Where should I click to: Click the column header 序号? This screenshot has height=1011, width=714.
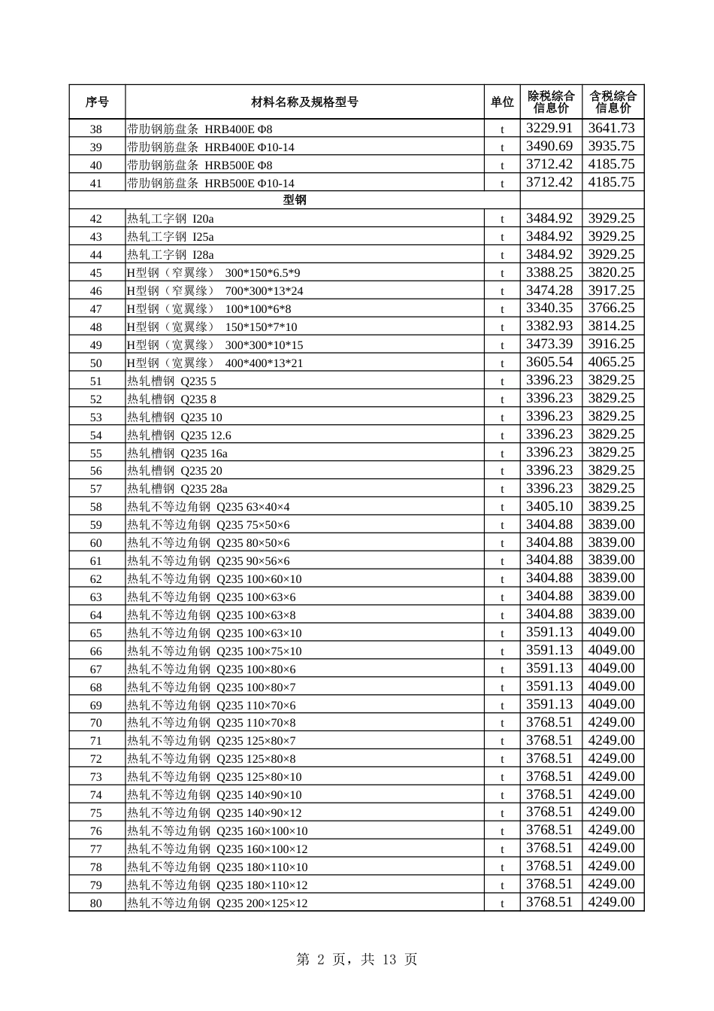[x=97, y=102]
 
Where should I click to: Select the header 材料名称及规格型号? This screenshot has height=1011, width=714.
[x=304, y=102]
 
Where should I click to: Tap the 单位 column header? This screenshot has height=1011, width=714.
[x=502, y=102]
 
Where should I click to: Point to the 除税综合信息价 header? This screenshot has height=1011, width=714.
[x=551, y=102]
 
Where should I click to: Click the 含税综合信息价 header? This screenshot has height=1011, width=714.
[x=613, y=102]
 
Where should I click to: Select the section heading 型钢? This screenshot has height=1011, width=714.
[x=295, y=200]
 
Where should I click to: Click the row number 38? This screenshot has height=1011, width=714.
[x=96, y=129]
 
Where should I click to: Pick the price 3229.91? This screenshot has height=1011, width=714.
[x=549, y=129]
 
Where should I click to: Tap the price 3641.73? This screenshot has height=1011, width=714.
[x=611, y=129]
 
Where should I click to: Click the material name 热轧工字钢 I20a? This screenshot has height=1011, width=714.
[x=171, y=219]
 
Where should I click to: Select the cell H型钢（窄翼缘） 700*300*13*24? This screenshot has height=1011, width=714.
[x=215, y=291]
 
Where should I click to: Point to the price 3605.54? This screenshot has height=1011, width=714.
[x=549, y=363]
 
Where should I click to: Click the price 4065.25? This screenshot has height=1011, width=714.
[x=611, y=363]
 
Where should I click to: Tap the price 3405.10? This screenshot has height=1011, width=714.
[x=549, y=507]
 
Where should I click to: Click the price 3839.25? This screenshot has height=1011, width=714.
[x=611, y=507]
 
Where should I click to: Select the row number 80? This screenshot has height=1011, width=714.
[x=96, y=903]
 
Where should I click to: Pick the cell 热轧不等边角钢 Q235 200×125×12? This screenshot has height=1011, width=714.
[x=217, y=903]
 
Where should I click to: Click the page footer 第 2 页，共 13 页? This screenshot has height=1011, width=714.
[x=357, y=959]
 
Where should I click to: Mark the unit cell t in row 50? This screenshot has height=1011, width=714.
[x=502, y=363]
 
